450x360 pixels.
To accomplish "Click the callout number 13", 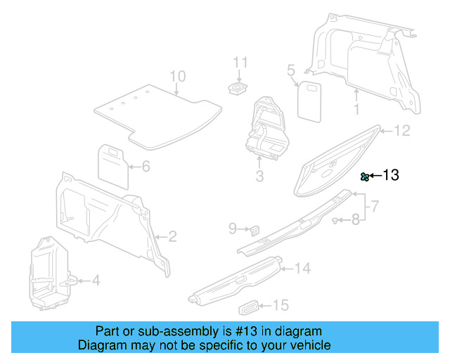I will [391, 175].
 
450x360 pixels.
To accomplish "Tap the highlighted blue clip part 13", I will [365, 176].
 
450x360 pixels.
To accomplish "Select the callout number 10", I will [177, 76].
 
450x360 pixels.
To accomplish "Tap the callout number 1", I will [356, 109].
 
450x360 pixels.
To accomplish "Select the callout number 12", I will [401, 130].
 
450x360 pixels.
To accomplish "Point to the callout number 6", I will [146, 167].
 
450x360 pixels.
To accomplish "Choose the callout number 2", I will [172, 236].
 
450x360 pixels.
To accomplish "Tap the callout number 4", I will [96, 281].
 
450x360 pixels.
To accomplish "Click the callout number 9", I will [233, 228].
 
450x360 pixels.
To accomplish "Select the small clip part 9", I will [255, 229].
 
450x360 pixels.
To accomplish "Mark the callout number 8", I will [355, 220].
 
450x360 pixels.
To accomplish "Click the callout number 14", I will [302, 268].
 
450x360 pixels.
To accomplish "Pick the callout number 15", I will [281, 305].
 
